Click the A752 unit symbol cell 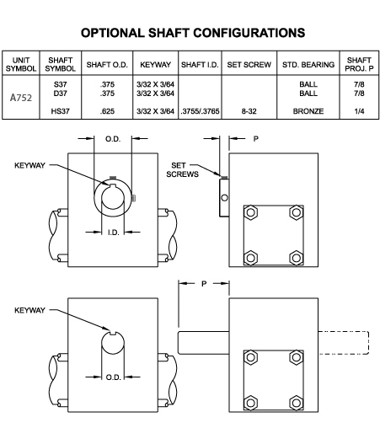[x=21, y=98]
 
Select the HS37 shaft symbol [x=60, y=111]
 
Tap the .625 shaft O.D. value [x=107, y=111]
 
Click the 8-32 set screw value [x=249, y=111]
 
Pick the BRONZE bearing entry [x=308, y=111]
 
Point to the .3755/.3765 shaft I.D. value [x=200, y=111]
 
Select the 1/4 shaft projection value [x=359, y=111]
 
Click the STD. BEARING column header [x=308, y=65]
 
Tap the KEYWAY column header [x=155, y=65]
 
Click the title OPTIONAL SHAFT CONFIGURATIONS [x=193, y=33]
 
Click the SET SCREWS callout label [x=182, y=169]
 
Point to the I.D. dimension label [x=113, y=233]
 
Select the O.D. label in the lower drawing [x=113, y=377]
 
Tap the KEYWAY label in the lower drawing [x=29, y=310]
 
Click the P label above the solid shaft [x=204, y=284]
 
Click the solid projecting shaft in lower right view [x=204, y=343]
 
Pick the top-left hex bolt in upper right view [x=250, y=212]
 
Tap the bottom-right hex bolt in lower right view [x=296, y=403]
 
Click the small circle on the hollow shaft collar [x=224, y=198]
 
